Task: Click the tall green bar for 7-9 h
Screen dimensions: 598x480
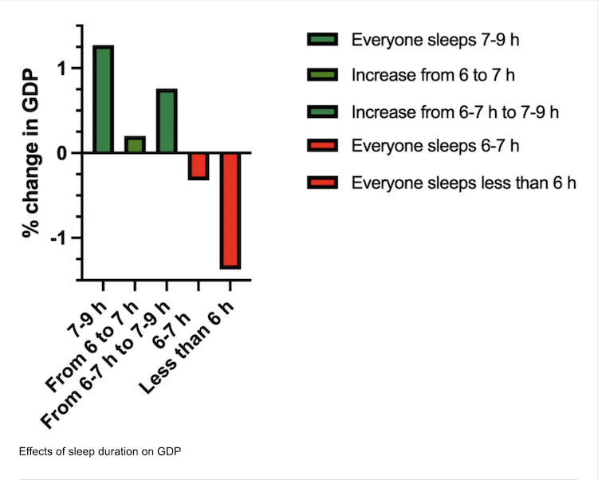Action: pos(103,99)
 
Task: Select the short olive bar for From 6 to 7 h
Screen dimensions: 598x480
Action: pos(135,144)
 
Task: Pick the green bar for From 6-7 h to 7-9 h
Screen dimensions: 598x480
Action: pos(167,121)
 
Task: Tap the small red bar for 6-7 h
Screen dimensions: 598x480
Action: pos(199,166)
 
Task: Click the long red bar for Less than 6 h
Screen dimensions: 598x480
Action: pos(230,210)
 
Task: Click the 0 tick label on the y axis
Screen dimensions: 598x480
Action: pos(62,153)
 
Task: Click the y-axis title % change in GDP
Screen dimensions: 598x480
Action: pos(30,153)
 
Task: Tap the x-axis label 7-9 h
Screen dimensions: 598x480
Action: pos(88,320)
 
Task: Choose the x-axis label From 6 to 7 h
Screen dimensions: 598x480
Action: pos(92,347)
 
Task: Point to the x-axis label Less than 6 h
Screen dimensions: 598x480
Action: pos(186,348)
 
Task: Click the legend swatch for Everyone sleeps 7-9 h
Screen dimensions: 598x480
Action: pos(323,39)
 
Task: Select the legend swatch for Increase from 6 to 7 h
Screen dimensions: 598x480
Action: pos(323,75)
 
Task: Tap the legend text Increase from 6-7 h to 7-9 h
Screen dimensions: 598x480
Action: pos(455,112)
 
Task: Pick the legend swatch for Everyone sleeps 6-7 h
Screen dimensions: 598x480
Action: pos(323,146)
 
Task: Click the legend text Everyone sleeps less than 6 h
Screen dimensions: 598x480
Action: pos(464,183)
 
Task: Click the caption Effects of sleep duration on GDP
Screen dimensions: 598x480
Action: pos(100,451)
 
